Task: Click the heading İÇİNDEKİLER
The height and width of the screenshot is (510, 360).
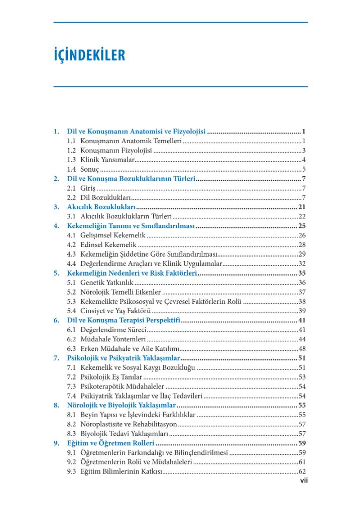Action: click(89, 55)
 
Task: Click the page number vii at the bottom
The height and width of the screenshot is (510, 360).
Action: click(303, 480)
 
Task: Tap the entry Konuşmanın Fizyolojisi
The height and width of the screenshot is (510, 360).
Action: click(116, 150)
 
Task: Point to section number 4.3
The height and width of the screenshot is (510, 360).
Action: click(71, 254)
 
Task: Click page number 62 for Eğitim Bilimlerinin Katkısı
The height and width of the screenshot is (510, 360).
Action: click(302, 472)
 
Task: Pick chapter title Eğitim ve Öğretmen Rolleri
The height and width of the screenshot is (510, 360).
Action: click(110, 443)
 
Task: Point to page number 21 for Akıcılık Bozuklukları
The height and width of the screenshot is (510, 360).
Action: click(302, 207)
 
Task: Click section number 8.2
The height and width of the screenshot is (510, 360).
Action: click(71, 424)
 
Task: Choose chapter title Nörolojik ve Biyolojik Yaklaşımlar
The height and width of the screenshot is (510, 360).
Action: click(122, 405)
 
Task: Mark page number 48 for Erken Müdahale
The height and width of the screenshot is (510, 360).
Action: click(302, 349)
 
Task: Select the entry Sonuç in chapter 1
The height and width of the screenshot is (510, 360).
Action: click(90, 169)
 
